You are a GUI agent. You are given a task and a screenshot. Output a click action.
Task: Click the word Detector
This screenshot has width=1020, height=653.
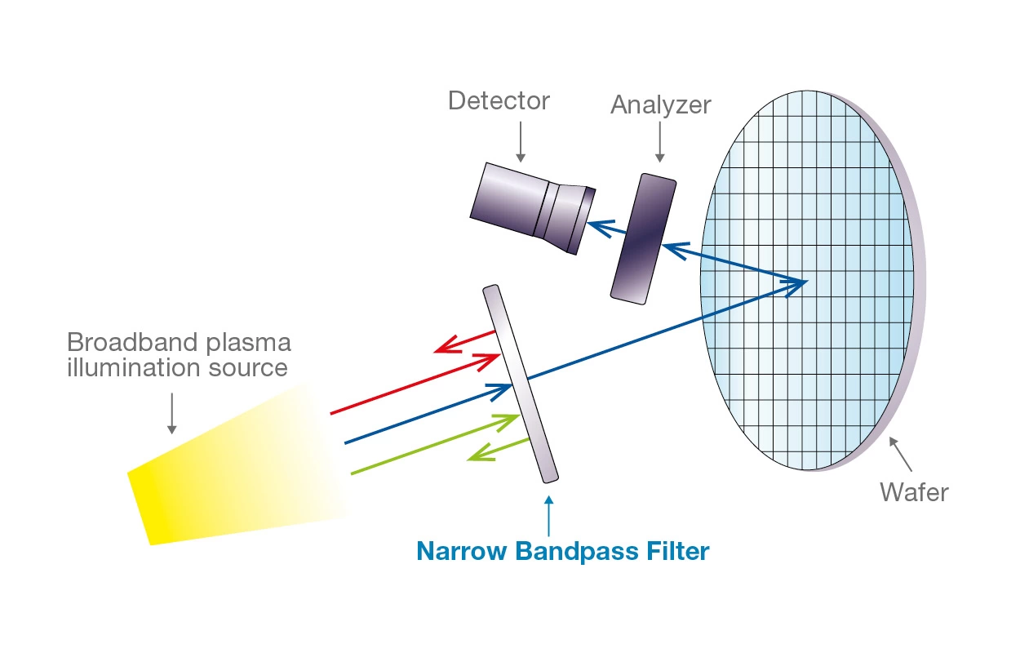(x=499, y=101)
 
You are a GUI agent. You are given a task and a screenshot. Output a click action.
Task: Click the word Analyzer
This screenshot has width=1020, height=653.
(x=660, y=105)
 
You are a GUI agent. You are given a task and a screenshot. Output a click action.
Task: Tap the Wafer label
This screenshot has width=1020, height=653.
(x=914, y=493)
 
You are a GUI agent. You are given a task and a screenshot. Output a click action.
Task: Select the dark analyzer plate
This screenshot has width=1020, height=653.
(x=644, y=238)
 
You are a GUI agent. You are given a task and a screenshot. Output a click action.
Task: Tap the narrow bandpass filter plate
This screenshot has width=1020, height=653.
(x=520, y=384)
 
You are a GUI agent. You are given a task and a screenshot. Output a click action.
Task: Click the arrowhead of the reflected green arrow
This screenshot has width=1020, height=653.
(x=476, y=455)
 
